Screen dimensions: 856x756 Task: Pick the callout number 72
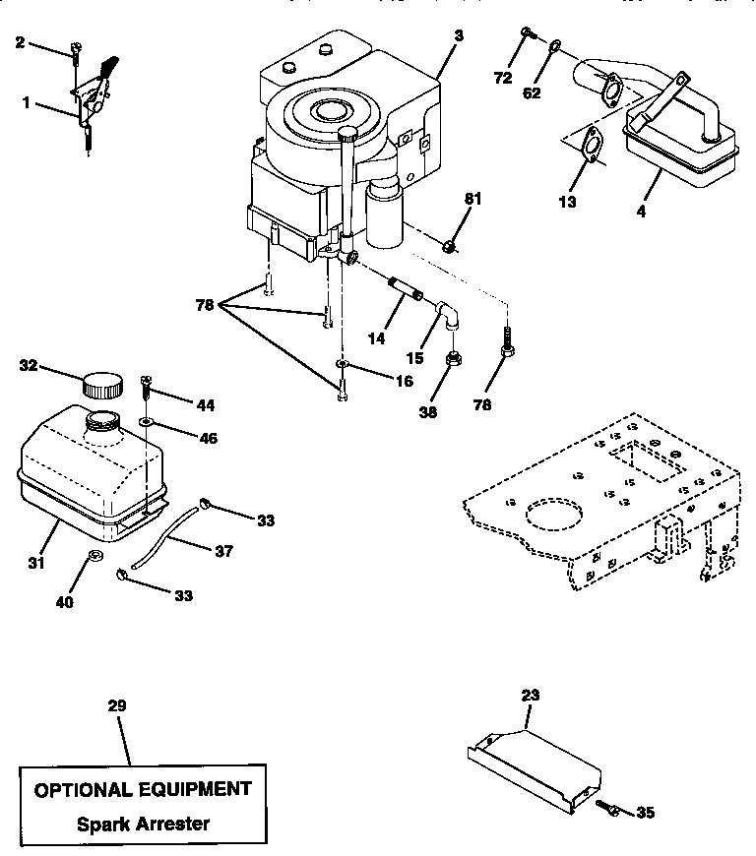[x=503, y=78]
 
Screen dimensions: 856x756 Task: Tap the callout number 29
[x=117, y=705]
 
